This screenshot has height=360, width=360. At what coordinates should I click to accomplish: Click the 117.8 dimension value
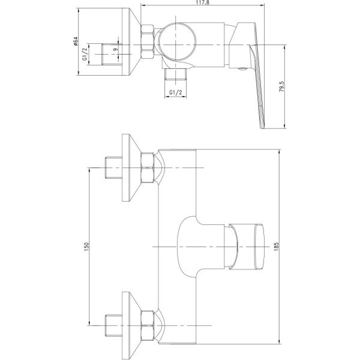(x=202, y=2)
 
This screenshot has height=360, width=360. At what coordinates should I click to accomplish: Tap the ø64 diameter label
(x=76, y=41)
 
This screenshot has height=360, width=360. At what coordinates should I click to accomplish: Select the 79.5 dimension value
(x=281, y=86)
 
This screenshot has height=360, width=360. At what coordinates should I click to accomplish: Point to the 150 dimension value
(x=86, y=247)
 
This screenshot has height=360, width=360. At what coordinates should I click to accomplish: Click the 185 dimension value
(x=276, y=247)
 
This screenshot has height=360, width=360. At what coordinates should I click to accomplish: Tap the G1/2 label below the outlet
(x=176, y=92)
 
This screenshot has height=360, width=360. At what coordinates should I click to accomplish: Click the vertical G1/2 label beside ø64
(x=85, y=54)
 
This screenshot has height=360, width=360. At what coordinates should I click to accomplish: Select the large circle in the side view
(x=177, y=42)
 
